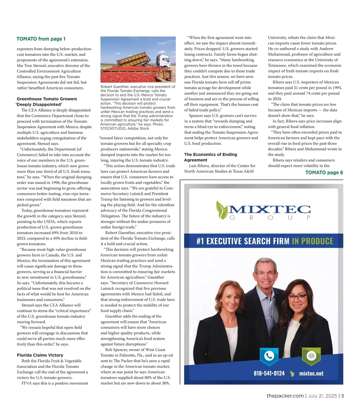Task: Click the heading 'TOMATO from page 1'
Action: [41, 39]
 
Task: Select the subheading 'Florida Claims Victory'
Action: [40, 355]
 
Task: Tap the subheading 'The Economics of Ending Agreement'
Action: [210, 157]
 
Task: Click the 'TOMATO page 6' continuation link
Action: [324, 173]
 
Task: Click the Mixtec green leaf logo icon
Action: [222, 209]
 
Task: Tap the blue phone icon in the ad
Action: [269, 356]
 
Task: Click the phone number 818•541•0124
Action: [269, 373]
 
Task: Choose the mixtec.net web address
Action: [311, 374]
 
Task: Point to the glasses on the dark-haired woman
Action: [298, 297]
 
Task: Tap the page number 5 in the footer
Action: [343, 396]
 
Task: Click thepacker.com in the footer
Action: [285, 396]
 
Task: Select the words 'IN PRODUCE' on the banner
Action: [312, 242]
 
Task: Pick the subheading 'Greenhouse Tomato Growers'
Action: [47, 99]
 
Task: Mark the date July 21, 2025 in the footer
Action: [322, 396]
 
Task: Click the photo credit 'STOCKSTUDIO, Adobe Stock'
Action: [125, 129]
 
